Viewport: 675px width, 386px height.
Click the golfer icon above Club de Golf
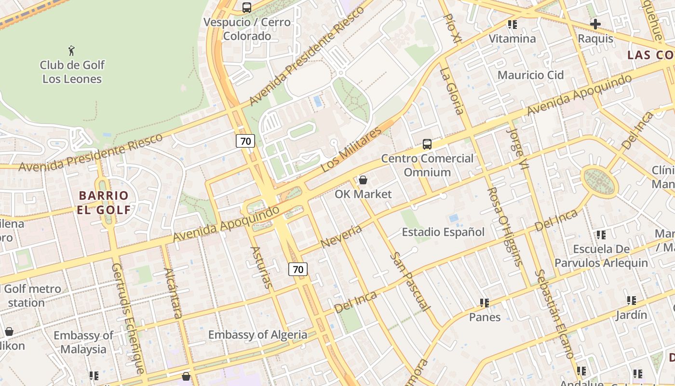[72, 50]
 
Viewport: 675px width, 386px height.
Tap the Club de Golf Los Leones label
[72, 72]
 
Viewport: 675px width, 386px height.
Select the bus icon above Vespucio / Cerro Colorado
[247, 7]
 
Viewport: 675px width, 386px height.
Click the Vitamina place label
[512, 39]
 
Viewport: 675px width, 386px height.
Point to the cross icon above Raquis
[595, 24]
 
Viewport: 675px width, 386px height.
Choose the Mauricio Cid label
[530, 75]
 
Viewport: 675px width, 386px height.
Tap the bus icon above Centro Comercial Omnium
[427, 144]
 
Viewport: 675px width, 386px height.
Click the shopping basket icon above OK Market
[363, 180]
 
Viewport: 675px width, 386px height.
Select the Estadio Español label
[443, 232]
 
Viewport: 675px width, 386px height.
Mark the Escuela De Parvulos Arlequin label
[601, 256]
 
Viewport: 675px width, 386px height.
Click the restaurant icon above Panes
[485, 303]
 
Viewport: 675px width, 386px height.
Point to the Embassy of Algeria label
[257, 334]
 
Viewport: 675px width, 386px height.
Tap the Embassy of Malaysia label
[83, 342]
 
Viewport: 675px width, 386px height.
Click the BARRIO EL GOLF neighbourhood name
[104, 203]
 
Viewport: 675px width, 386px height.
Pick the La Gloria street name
[452, 91]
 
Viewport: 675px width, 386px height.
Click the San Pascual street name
[409, 281]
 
